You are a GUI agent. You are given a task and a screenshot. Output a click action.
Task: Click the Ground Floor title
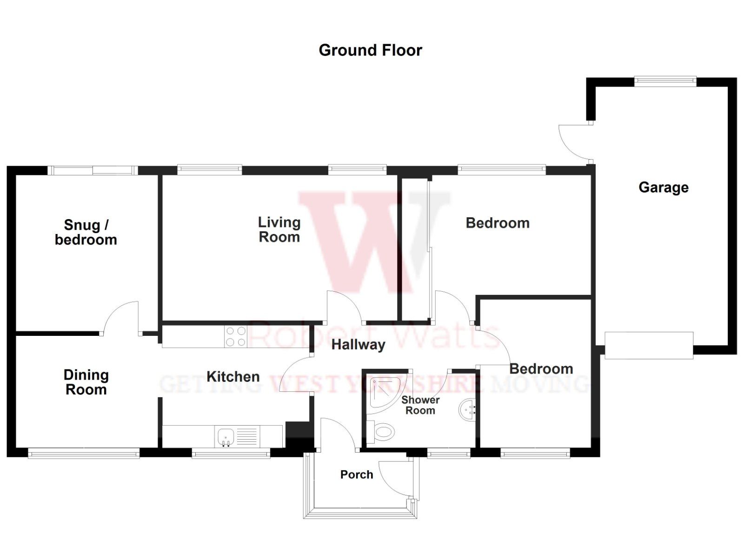coord(370,50)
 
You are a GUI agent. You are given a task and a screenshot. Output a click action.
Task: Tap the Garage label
coord(663,187)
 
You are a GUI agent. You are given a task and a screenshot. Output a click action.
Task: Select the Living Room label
coord(279,230)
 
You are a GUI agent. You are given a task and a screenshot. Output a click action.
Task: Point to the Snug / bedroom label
coord(86,232)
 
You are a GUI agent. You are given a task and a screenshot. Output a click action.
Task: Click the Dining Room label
coord(86,382)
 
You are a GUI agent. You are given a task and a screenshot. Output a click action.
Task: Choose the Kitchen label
coord(233,376)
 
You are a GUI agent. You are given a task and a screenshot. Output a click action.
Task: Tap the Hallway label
coord(358,345)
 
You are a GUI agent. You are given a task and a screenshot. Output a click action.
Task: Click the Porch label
coord(357,474)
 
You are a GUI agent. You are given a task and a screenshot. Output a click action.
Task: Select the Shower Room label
coord(420,405)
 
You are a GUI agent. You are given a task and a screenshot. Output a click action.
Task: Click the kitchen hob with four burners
coord(236,336)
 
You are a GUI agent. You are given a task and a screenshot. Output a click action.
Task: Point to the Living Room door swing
coord(343,307)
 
